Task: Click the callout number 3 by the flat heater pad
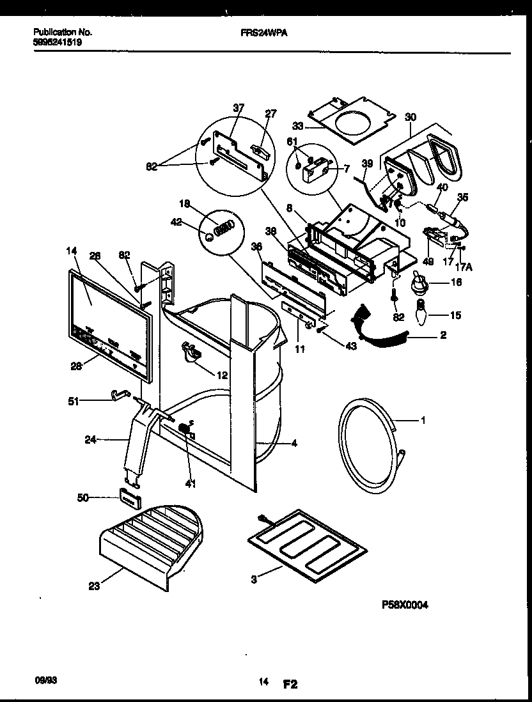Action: point(254,579)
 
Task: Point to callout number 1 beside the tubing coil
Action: point(423,421)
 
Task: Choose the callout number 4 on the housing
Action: point(294,442)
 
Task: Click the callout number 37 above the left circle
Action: point(239,107)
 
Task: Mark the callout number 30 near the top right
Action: point(411,117)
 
